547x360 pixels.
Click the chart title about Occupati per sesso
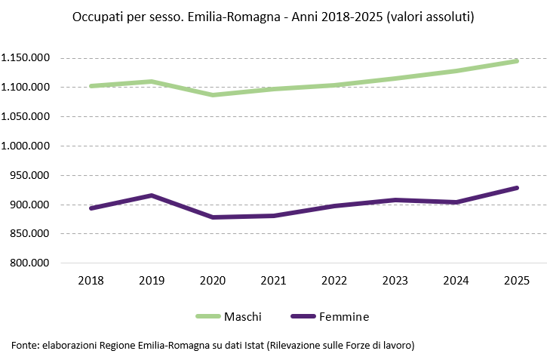coord(273,16)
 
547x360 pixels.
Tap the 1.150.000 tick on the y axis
coord(26,58)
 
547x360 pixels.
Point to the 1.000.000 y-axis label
coord(26,146)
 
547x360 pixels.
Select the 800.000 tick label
coord(29,263)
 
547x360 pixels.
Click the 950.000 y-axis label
coord(29,175)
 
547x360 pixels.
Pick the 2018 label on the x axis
coord(91,280)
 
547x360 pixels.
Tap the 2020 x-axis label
coord(212,280)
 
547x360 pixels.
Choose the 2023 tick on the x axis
coord(395,280)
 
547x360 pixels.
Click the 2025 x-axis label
coord(517,280)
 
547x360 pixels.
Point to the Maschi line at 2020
coord(212,95)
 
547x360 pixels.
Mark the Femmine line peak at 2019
coord(152,195)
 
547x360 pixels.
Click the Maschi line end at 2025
coord(517,61)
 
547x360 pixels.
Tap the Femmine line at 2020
coord(212,217)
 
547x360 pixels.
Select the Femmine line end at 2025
coord(517,188)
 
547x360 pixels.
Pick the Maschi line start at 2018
coord(91,86)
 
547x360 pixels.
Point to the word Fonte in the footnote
coord(24,345)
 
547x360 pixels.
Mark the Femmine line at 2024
coord(456,202)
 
